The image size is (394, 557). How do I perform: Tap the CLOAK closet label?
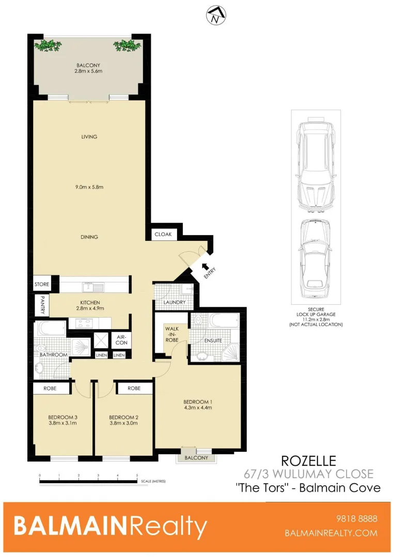(x=163, y=235)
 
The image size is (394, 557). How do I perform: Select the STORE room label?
(x=42, y=284)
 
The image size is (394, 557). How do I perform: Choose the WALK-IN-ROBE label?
(x=171, y=334)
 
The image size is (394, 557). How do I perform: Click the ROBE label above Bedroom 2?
(x=134, y=388)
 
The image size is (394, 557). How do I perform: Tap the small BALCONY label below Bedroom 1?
(x=196, y=457)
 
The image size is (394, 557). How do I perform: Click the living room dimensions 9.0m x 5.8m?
(x=89, y=187)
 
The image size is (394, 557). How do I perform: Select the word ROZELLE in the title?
(x=308, y=460)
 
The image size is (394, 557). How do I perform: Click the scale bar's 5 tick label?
(x=137, y=476)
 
